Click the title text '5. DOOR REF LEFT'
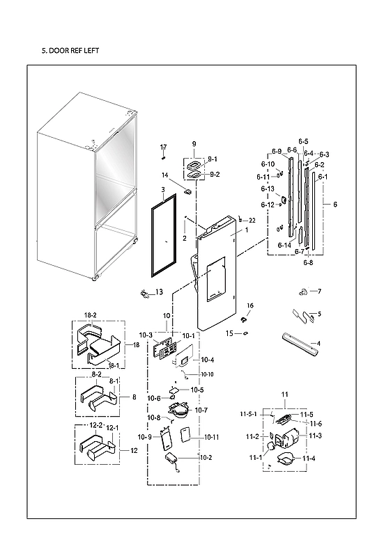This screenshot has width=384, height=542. pos(72,51)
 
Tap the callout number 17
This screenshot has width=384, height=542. pos(164,147)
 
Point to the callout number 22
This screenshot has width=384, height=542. pos(252,220)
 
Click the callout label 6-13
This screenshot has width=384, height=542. pos(268,189)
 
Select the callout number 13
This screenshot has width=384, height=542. pos(158,292)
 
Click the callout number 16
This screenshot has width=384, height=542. pos(249,306)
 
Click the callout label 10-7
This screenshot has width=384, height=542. pos(201,411)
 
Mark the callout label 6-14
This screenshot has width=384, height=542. pos(284,246)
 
